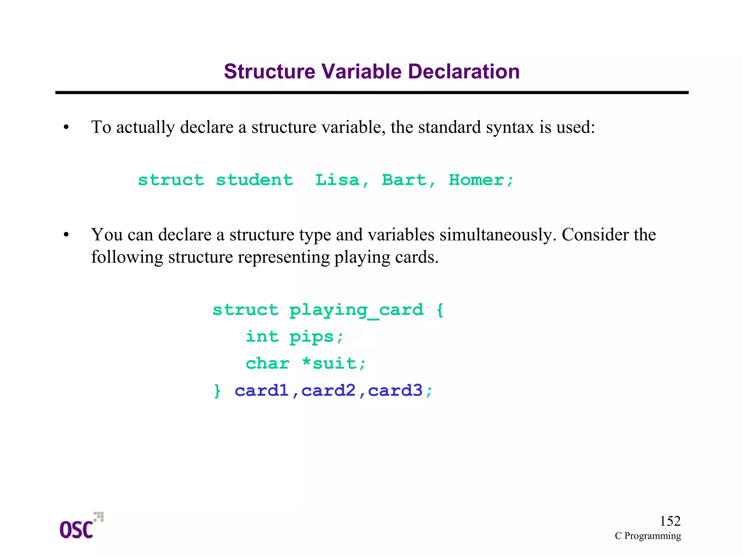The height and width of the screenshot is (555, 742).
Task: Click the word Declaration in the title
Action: [x=464, y=71]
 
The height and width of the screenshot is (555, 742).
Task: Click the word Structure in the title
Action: [x=270, y=71]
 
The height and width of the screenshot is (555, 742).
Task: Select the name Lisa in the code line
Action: [x=337, y=180]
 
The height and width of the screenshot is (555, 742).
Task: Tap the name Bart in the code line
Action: [x=404, y=180]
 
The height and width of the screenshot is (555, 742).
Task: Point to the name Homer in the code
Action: [x=476, y=180]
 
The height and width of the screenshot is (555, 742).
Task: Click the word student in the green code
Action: [x=254, y=180]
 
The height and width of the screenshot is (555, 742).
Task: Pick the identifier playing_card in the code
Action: [x=356, y=310]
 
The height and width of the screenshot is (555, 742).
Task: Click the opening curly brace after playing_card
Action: [x=440, y=310]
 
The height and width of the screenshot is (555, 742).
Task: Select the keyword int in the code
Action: [x=262, y=336]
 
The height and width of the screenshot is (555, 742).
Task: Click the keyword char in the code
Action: [x=267, y=363]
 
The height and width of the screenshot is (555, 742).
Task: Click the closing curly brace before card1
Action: [x=217, y=391]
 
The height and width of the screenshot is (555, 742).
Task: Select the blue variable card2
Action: [x=328, y=390]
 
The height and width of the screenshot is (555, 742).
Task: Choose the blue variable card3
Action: [x=395, y=390]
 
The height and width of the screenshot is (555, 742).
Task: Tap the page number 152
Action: [x=670, y=521]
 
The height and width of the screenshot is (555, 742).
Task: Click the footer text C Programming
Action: [x=647, y=536]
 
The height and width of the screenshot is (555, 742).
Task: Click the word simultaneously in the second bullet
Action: [x=497, y=234]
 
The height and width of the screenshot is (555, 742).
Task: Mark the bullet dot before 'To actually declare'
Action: [x=66, y=127]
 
